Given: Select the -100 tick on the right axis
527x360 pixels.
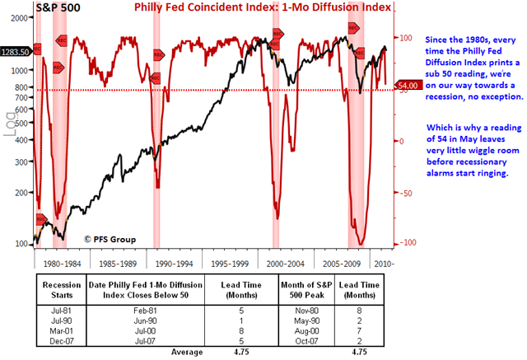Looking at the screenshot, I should click(x=405, y=244).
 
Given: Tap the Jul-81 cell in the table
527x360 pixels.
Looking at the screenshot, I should click(x=56, y=310).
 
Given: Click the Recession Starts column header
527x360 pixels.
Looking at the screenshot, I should click(x=56, y=290).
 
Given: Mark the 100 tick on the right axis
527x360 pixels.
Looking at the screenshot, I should click(x=406, y=38).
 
